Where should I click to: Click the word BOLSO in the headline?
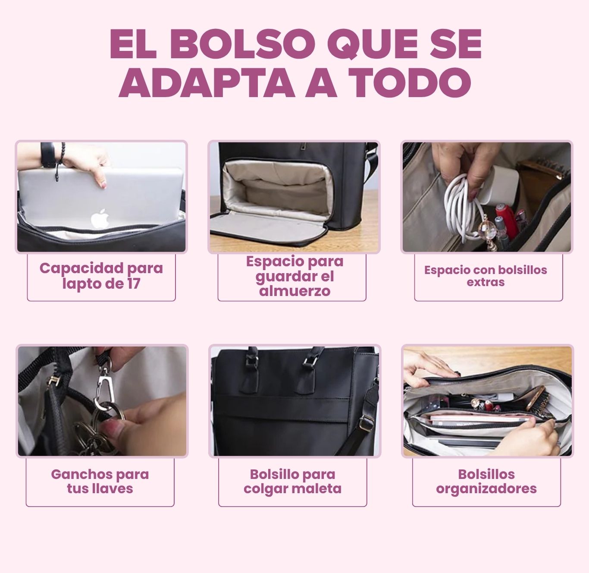243,44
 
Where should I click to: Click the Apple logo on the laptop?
100,218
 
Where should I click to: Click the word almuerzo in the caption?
294,291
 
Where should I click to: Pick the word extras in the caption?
486,282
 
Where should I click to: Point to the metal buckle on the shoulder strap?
366,422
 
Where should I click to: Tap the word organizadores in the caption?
486,488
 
